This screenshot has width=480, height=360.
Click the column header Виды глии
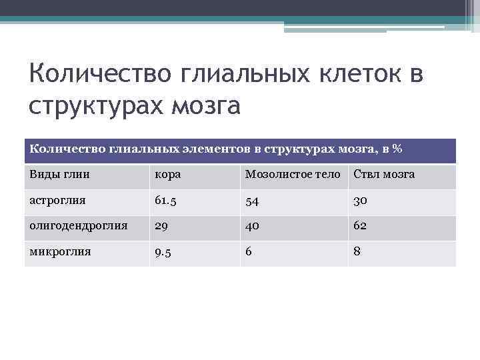(59, 175)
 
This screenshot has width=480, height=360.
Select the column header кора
(167, 175)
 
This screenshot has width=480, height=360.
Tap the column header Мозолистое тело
(293, 175)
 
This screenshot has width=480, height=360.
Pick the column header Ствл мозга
(383, 175)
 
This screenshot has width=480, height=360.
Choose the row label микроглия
(59, 252)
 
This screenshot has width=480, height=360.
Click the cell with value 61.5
(166, 201)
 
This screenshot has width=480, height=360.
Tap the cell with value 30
(361, 201)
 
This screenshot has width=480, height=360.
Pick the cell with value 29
(161, 227)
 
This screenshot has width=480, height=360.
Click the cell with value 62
(361, 227)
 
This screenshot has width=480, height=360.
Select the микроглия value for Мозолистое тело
(249, 253)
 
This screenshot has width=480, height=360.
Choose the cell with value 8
(357, 253)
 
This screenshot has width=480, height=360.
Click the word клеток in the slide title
(358, 74)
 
